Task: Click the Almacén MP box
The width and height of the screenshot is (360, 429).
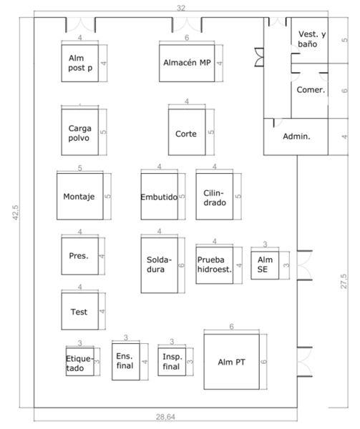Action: tap(185, 63)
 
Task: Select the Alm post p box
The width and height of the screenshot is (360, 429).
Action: tap(81, 63)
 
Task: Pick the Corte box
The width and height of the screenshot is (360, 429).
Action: tap(187, 132)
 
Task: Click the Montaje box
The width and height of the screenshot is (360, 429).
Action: tap(79, 196)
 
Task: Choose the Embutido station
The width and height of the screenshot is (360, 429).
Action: tap(159, 196)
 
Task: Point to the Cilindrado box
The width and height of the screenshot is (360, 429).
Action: tap(214, 196)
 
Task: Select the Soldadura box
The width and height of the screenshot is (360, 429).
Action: tap(159, 264)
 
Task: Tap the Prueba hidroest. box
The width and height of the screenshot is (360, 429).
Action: tap(214, 264)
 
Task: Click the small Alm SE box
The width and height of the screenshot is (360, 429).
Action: tap(266, 265)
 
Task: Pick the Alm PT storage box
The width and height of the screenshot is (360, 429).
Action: tap(231, 362)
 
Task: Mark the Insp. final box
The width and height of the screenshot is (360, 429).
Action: tap(172, 362)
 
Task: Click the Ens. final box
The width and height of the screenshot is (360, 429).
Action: tap(125, 362)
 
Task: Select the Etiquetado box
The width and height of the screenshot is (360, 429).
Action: tap(79, 363)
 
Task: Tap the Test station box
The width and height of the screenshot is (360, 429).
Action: tap(80, 311)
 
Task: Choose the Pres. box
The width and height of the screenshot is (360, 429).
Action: tap(80, 255)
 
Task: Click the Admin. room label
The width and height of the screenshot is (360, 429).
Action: tap(296, 136)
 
